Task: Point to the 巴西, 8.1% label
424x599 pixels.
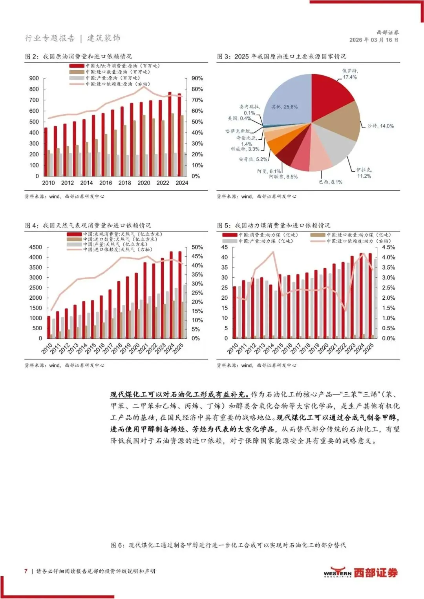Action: [331, 182]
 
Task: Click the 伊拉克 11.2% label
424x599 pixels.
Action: [364, 173]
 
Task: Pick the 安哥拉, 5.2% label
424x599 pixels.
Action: [253, 159]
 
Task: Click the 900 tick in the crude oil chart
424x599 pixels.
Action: [34, 78]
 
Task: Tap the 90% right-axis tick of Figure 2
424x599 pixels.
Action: [197, 78]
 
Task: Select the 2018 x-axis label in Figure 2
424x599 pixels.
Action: [125, 183]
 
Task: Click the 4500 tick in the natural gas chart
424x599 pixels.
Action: [35, 247]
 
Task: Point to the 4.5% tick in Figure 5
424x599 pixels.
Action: [388, 247]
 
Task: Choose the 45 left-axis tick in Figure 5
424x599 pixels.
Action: [225, 247]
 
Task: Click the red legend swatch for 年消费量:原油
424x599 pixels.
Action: [77, 66]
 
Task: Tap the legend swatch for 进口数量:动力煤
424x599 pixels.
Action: [318, 235]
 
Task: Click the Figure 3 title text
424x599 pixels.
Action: [282, 56]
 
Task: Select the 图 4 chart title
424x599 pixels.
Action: [88, 226]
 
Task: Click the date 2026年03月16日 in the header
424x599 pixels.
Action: [374, 40]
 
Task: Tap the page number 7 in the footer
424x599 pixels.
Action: [26, 571]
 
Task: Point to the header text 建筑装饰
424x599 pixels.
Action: [104, 38]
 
